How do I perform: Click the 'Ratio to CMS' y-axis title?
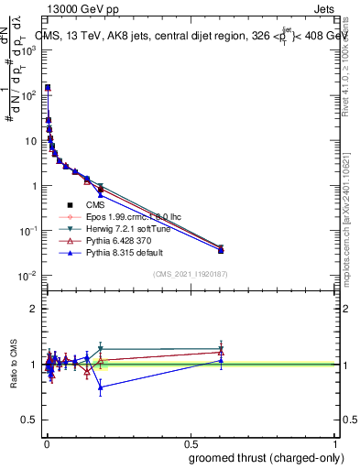click(x=13, y=364)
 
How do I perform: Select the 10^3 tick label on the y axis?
click(x=27, y=50)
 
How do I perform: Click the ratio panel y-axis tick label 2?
click(x=33, y=309)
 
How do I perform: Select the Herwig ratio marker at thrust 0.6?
click(x=221, y=349)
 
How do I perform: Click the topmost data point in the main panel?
click(x=48, y=88)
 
